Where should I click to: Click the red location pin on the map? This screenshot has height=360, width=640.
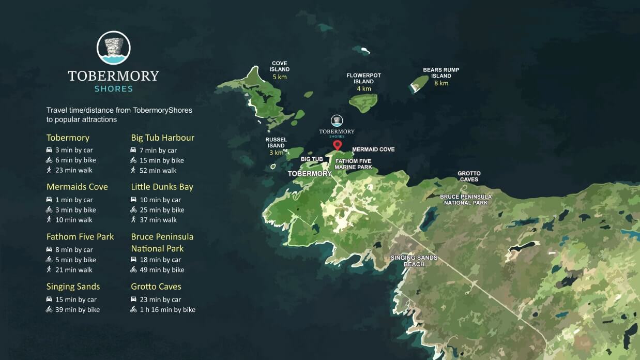tap(337, 145)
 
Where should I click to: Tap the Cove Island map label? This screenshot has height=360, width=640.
tap(279, 67)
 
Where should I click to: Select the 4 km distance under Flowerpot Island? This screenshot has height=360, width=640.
tap(363, 88)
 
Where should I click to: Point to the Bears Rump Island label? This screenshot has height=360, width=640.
tap(441, 73)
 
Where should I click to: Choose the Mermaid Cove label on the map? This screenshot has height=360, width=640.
tap(373, 149)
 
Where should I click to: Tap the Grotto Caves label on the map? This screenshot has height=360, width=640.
tap(468, 176)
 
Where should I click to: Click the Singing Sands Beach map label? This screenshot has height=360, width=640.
tap(414, 261)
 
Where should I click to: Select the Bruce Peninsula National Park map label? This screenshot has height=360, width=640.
tap(465, 200)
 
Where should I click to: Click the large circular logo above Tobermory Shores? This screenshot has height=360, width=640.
tap(113, 48)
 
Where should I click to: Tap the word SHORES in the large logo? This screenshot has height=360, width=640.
tap(113, 89)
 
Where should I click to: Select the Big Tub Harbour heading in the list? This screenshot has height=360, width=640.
tap(162, 138)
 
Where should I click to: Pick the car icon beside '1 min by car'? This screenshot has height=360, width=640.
tap(49, 200)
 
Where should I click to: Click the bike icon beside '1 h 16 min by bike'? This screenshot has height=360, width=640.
tap(134, 310)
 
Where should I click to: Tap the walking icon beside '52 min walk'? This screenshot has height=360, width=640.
tap(133, 170)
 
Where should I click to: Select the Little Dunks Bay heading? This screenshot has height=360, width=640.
tap(162, 187)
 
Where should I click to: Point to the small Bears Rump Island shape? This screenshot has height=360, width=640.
tap(419, 84)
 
